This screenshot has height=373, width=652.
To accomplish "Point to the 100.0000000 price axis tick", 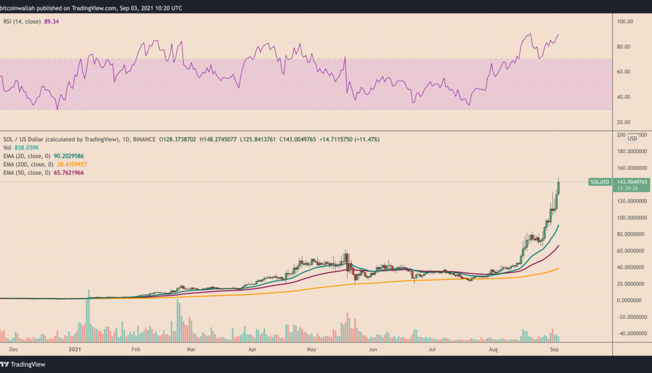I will coord(632,218).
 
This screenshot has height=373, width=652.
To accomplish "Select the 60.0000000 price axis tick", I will coord(632,251).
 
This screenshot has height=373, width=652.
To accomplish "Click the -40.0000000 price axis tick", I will coord(632,333).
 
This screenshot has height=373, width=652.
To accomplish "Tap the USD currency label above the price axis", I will coord(633,139).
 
